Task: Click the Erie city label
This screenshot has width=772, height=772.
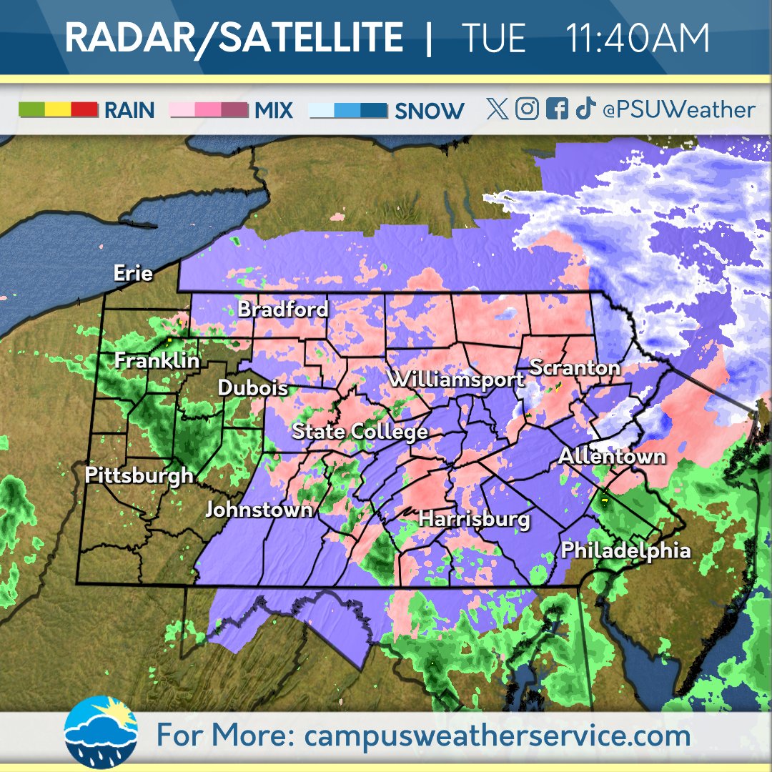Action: (x=134, y=273)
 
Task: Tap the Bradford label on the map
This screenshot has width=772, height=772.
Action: (x=283, y=309)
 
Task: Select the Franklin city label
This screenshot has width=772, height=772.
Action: (x=157, y=361)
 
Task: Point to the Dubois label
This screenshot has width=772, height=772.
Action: (x=253, y=388)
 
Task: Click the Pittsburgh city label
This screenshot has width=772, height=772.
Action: (x=139, y=475)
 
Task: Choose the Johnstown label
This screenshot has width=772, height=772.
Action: (x=259, y=510)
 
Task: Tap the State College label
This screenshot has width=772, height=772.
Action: (x=360, y=432)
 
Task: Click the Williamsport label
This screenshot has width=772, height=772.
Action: (x=456, y=380)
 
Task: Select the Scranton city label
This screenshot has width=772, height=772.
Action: (x=575, y=368)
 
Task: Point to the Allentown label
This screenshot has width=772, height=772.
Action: (x=613, y=456)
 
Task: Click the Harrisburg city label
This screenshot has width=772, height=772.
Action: (x=475, y=519)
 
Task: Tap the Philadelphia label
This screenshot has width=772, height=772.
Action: (x=626, y=550)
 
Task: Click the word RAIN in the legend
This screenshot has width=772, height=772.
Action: (x=129, y=110)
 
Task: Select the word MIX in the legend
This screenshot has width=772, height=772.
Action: (x=274, y=110)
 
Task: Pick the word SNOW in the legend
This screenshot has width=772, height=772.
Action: (x=429, y=111)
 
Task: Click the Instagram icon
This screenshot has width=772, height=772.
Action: (x=527, y=109)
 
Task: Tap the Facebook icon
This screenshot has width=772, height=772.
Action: (x=556, y=109)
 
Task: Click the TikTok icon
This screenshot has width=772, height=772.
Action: (x=585, y=109)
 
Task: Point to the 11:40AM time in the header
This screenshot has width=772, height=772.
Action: (x=638, y=39)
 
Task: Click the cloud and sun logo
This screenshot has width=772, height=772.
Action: (x=101, y=731)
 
